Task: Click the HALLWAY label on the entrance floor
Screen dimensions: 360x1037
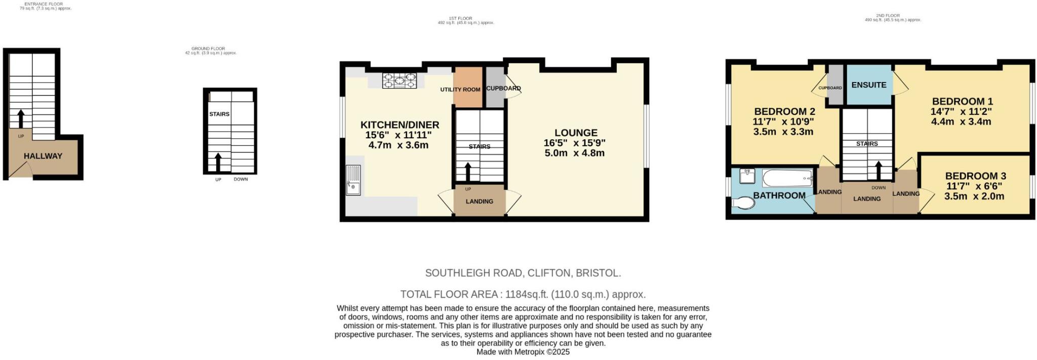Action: pos(43,156)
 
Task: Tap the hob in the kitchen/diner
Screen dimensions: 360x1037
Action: pos(399,81)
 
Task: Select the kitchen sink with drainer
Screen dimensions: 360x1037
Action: pos(353,180)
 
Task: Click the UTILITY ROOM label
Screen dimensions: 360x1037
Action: pos(460,90)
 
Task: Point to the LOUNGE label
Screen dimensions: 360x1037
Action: pos(576,133)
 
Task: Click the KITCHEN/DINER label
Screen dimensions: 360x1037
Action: pos(400,125)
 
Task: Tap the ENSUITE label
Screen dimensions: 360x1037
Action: pos(868,85)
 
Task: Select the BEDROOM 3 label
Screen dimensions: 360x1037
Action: pos(975,176)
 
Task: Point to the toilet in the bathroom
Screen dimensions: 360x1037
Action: pos(743,203)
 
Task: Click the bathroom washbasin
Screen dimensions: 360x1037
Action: pos(747,176)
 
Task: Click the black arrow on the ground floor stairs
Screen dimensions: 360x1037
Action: pos(218,162)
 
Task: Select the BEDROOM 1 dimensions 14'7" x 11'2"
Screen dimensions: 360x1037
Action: pos(961,111)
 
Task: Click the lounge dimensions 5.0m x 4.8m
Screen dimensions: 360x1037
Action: pos(574,153)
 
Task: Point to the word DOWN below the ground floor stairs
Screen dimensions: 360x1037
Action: pos(241,179)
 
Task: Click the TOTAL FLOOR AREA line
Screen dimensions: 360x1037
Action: pos(523,294)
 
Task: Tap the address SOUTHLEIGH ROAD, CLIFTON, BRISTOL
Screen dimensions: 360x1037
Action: pos(523,273)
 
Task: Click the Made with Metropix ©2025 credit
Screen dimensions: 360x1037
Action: pos(523,352)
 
